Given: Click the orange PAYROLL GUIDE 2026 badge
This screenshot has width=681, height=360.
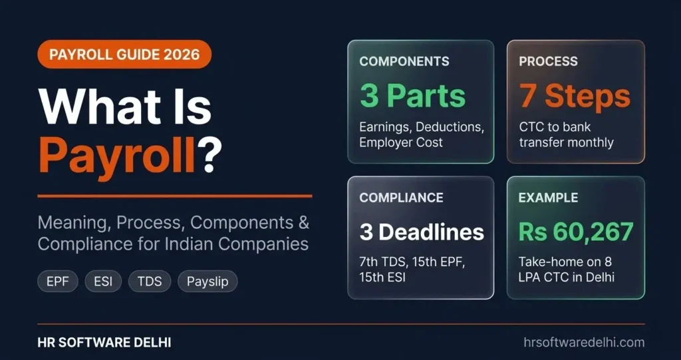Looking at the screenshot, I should (124, 54).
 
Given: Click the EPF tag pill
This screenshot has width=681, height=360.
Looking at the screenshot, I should (57, 281).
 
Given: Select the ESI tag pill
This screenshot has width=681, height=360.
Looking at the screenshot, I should (103, 281).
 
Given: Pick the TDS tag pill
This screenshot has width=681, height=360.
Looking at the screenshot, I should (149, 281).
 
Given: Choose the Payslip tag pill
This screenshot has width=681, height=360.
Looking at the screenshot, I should (207, 281).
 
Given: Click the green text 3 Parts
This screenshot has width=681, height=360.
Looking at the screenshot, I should (412, 96).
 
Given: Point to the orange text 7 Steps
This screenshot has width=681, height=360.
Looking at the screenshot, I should (575, 96).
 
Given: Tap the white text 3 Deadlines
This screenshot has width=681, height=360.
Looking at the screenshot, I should (422, 232).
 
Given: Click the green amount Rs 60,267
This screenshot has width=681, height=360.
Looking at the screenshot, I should (576, 232).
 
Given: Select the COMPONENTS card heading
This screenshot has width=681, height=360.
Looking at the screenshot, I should (404, 61).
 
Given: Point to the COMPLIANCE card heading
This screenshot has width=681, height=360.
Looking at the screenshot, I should (401, 198).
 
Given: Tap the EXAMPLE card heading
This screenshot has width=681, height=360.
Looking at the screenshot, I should (549, 198).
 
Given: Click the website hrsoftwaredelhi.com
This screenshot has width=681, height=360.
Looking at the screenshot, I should (584, 342).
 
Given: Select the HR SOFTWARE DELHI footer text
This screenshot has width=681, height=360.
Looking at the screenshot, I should (104, 342).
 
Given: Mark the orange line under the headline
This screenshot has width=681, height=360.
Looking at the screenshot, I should (174, 196).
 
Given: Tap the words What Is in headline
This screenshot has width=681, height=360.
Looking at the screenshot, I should (125, 106).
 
